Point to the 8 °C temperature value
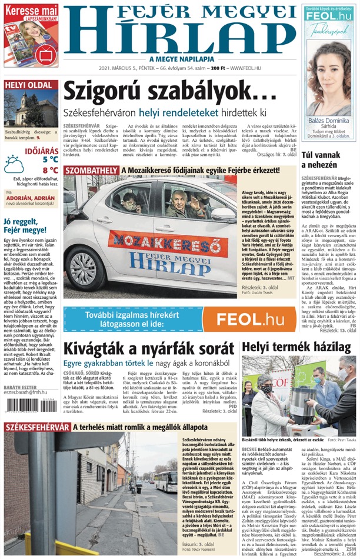point(50,171)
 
